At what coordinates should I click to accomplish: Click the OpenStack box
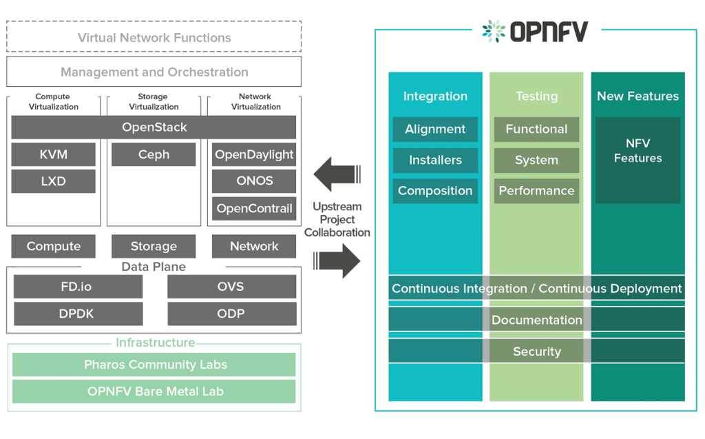coord(154,127)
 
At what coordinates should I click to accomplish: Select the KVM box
coord(54,154)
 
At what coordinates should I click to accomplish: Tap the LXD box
coord(54,181)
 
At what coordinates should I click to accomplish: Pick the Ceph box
coord(154,154)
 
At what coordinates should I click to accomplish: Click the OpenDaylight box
coord(254,154)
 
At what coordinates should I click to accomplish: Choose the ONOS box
coord(254,181)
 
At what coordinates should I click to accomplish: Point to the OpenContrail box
coord(254,208)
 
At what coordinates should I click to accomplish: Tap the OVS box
coord(232,287)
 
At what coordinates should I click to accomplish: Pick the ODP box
coord(232,314)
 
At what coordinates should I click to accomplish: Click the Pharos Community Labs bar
coord(154,365)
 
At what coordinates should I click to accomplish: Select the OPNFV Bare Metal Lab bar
coord(154,391)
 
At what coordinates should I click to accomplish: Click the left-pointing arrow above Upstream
coord(337,174)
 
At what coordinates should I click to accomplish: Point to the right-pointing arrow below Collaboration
coord(337,261)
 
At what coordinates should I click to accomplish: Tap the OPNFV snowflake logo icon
coord(494,31)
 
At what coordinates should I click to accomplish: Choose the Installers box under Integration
coord(435,161)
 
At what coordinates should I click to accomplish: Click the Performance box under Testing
coord(536,191)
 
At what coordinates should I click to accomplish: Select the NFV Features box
coord(638,161)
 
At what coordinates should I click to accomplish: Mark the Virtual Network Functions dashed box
coord(154,37)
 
